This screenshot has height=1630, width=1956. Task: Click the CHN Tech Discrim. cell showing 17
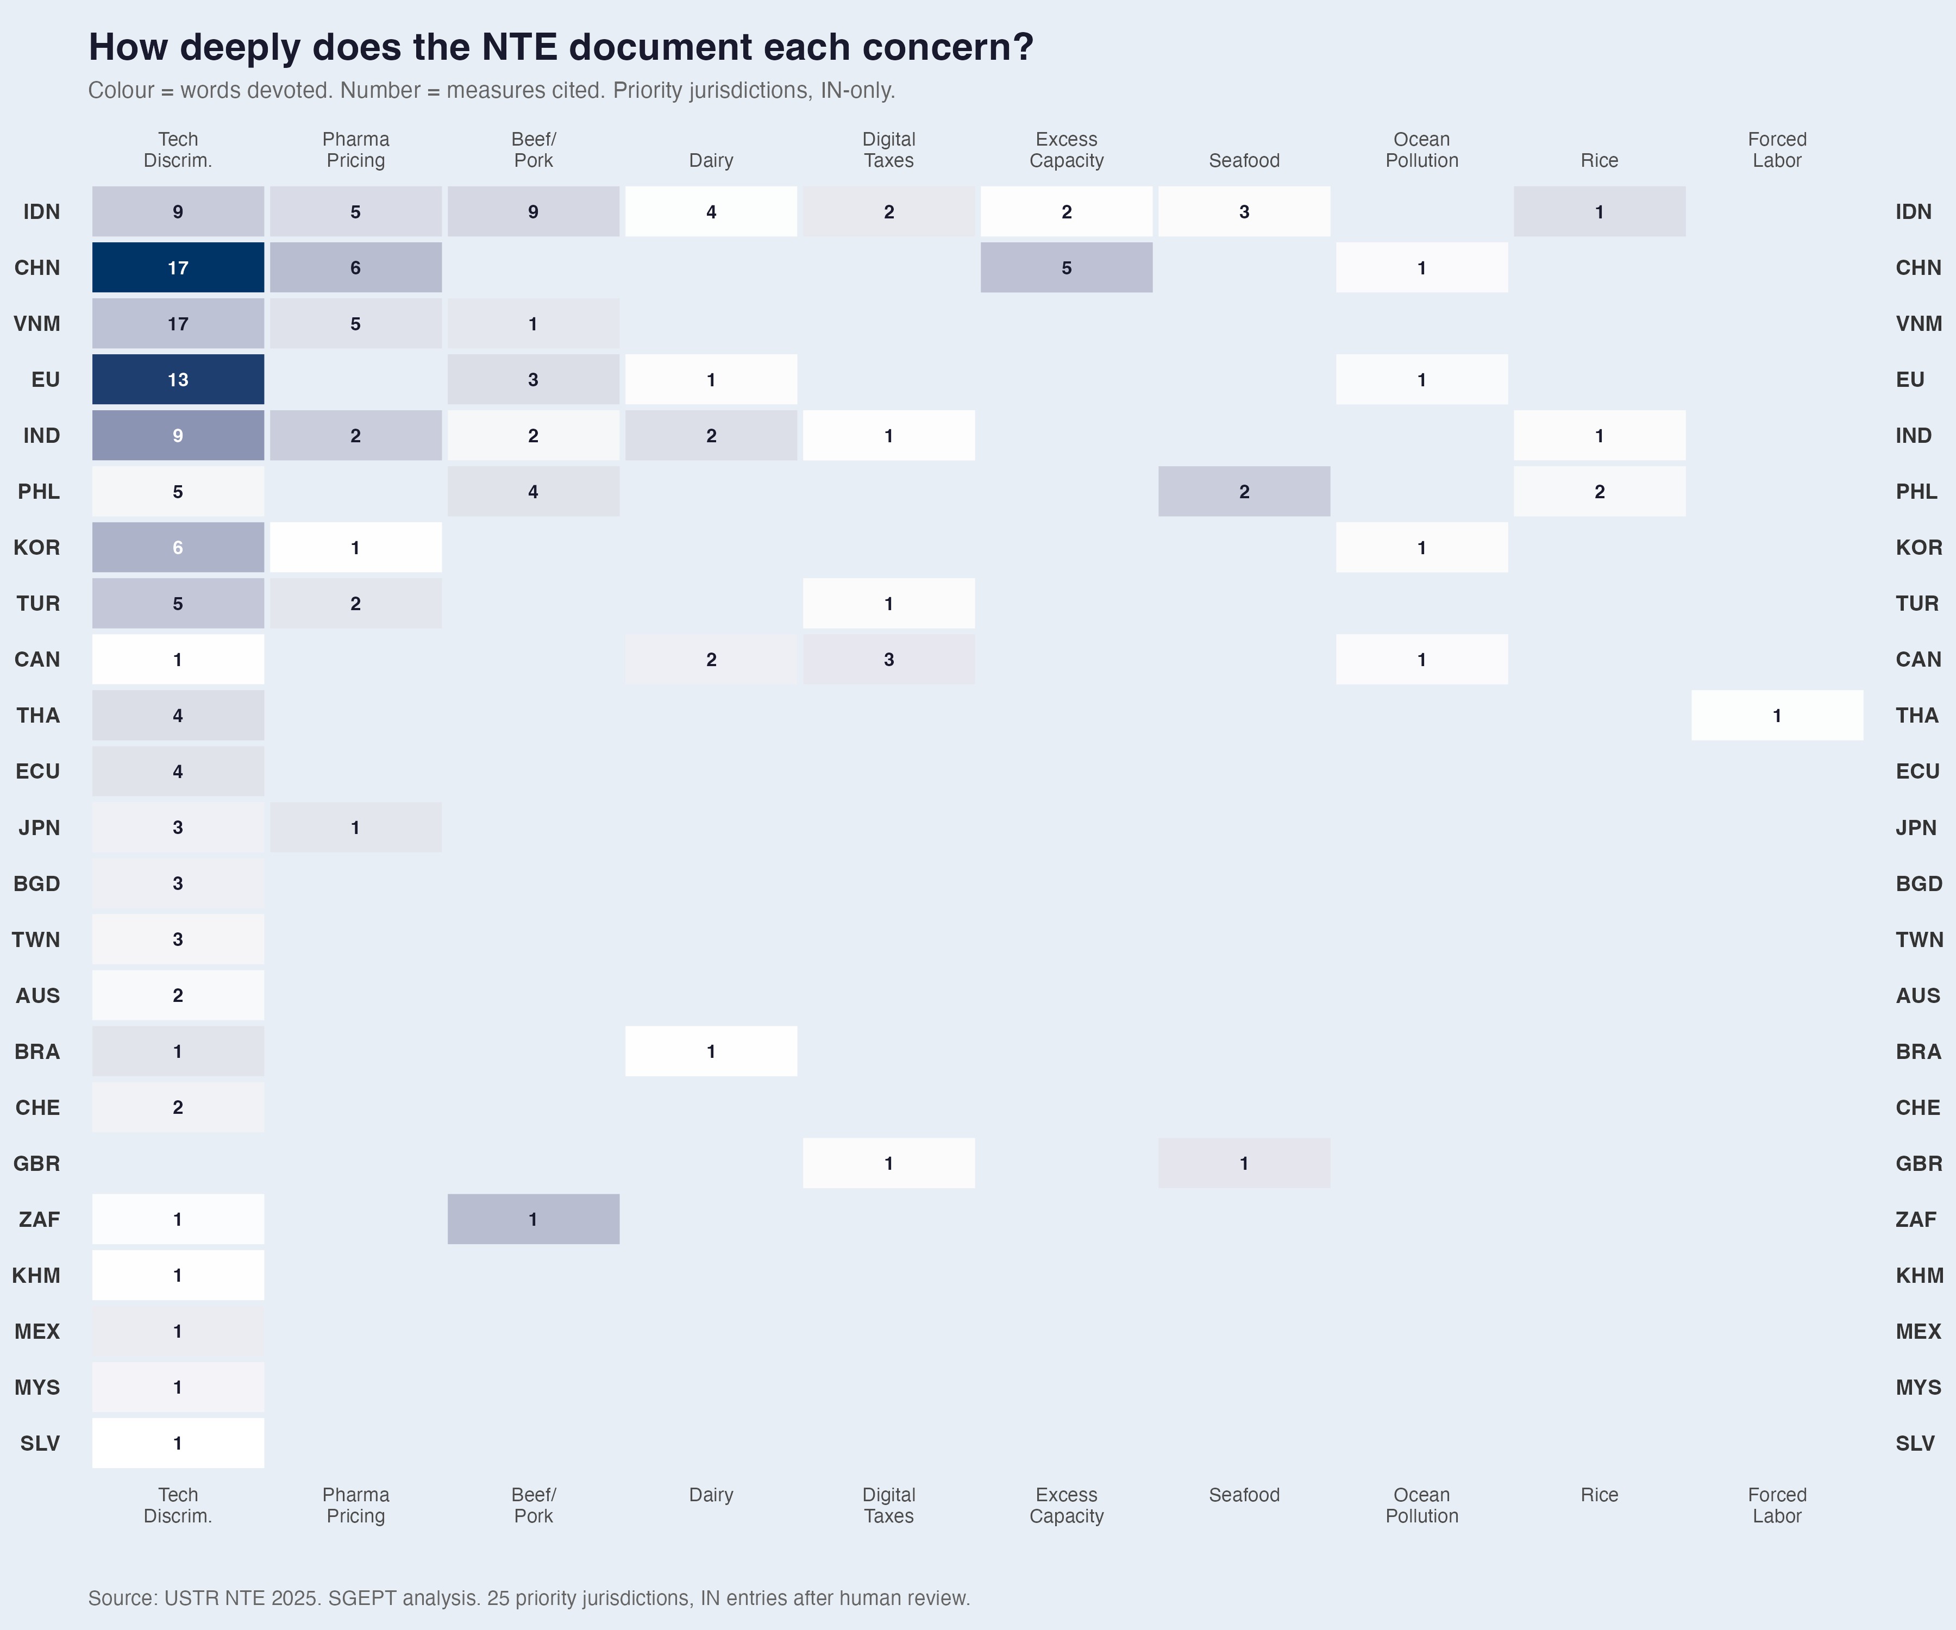click(178, 267)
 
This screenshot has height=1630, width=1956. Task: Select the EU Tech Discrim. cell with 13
click(178, 379)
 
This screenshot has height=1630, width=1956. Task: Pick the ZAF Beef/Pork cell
click(533, 1219)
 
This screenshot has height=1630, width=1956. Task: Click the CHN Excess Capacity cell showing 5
click(1067, 267)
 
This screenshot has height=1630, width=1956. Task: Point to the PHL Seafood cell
click(1244, 491)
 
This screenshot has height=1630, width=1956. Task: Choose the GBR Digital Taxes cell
click(888, 1163)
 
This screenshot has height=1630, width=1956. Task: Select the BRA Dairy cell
click(711, 1051)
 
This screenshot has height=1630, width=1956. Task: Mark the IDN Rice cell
click(1599, 211)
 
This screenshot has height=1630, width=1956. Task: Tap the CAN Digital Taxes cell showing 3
click(888, 660)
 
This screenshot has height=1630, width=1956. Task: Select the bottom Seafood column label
click(1244, 1495)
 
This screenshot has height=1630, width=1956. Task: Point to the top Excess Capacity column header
click(1067, 150)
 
